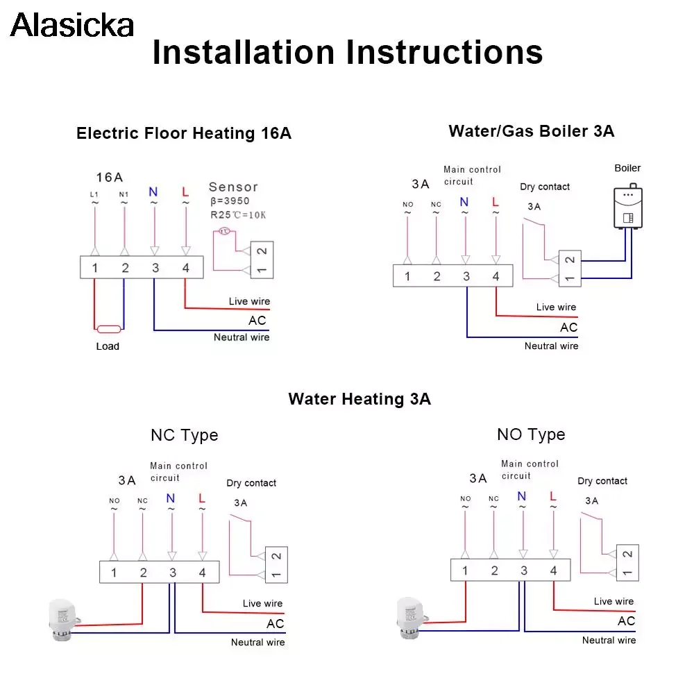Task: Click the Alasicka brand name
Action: tap(71, 25)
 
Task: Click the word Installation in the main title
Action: tap(243, 52)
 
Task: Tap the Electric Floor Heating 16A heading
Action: tap(184, 133)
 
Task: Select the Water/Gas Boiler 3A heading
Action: tap(531, 131)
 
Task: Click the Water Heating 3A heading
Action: tap(359, 399)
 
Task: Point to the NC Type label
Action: tap(184, 435)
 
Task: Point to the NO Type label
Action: tap(531, 434)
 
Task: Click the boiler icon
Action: tap(628, 206)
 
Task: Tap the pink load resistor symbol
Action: tap(108, 329)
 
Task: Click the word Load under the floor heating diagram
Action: tap(108, 346)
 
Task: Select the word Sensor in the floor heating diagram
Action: tap(233, 187)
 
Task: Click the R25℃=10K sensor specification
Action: tap(238, 215)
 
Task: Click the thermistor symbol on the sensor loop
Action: tap(225, 231)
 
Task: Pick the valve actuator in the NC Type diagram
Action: tap(64, 620)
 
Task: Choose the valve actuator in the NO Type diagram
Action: tap(412, 618)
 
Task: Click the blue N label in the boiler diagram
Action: tap(464, 202)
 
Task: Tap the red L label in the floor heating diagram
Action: tap(185, 192)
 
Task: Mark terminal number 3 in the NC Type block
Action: tap(173, 573)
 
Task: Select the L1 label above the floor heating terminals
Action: tap(94, 194)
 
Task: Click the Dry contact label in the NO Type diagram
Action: tap(602, 481)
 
